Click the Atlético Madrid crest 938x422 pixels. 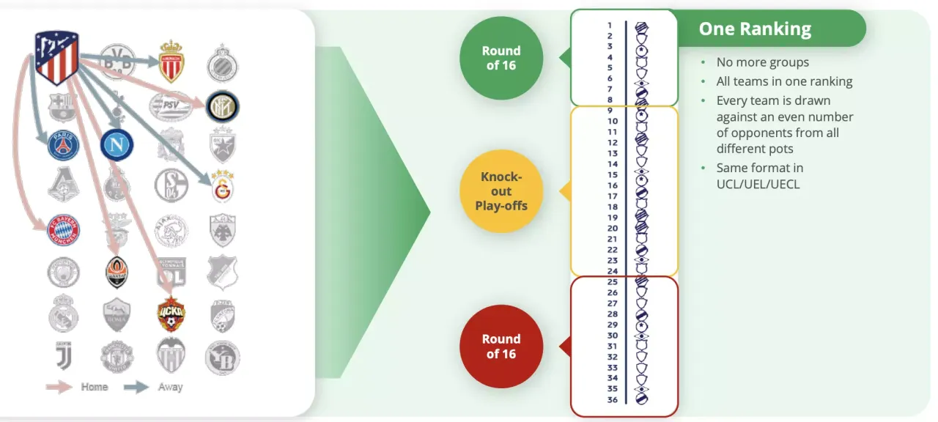click(56, 57)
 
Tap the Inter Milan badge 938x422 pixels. click(222, 107)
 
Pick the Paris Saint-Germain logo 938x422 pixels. click(63, 145)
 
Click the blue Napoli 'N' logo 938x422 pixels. click(116, 144)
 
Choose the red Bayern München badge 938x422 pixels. click(63, 229)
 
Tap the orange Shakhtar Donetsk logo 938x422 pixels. click(117, 272)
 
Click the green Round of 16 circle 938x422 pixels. click(501, 58)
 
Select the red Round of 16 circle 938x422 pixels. click(501, 347)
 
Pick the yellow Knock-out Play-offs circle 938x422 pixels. click(501, 191)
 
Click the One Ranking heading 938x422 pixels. click(755, 29)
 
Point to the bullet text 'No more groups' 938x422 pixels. click(762, 62)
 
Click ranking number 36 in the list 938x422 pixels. click(612, 399)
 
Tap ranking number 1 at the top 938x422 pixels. click(610, 25)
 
